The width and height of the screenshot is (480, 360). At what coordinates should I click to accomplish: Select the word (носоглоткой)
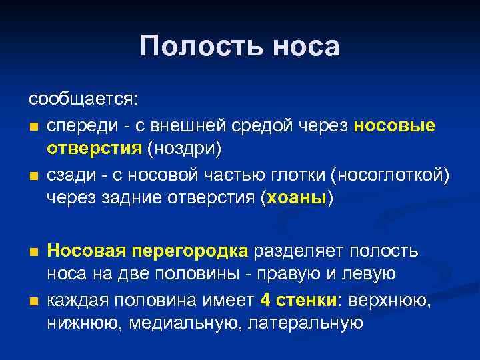point(394,175)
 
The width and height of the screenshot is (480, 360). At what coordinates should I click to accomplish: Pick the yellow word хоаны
point(297,198)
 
